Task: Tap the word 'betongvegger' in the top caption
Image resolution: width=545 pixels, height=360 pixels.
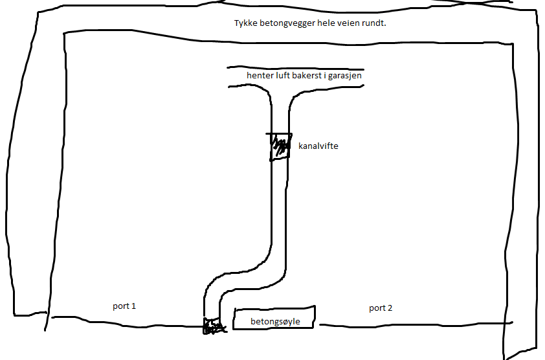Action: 283,23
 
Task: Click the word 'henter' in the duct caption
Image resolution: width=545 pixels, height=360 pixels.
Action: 259,76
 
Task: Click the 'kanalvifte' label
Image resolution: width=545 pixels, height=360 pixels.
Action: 318,146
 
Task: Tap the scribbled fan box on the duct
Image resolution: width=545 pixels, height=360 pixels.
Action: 280,146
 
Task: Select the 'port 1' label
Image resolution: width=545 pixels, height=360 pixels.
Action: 124,306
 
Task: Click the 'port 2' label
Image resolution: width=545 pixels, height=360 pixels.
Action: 381,308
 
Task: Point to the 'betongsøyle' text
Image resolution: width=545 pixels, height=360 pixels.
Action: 275,321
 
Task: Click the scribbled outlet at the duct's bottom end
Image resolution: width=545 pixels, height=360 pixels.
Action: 212,326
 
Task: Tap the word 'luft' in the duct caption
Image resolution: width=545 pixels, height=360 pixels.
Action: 282,76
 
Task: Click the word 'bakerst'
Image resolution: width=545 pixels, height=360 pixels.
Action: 307,76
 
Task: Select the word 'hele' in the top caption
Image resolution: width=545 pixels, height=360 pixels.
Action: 325,23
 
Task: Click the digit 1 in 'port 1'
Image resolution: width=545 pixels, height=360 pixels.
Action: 134,306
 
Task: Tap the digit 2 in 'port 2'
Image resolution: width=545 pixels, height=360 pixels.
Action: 390,308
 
